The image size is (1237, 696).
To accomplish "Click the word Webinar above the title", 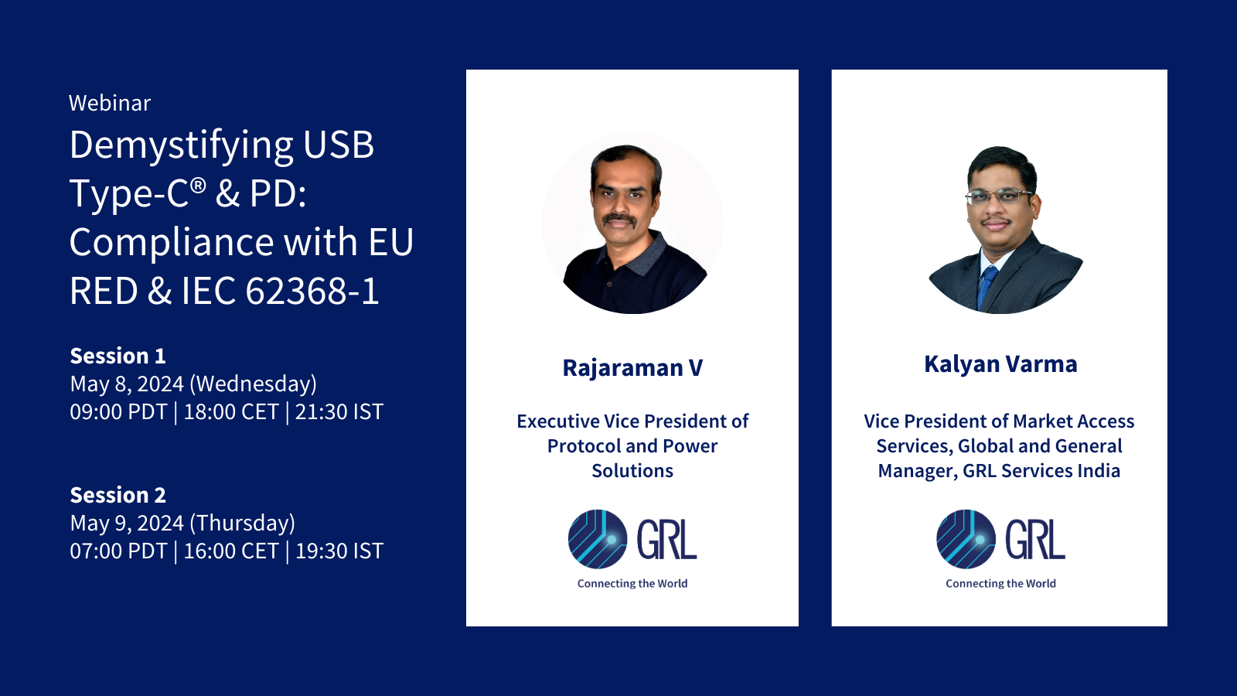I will (x=110, y=103).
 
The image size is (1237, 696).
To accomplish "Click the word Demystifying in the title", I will (x=182, y=145).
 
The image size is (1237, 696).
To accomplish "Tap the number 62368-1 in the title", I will (x=312, y=292).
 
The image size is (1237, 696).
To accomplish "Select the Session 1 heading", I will (x=118, y=356).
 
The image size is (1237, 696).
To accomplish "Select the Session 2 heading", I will (x=118, y=495).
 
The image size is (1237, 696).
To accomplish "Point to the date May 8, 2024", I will (x=127, y=384).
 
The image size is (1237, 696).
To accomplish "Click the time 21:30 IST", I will (x=339, y=412).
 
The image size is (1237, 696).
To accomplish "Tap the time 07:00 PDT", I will (x=118, y=551).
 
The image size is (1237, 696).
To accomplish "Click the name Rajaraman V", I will (x=632, y=368).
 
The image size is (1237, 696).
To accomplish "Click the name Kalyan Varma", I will (x=1000, y=364).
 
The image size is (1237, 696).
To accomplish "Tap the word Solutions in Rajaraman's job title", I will (x=632, y=471).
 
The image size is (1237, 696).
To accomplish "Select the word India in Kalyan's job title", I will (x=1099, y=471).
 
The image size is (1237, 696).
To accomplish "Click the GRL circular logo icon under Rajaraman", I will (x=597, y=539).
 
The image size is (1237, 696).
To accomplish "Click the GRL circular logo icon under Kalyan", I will (x=966, y=539).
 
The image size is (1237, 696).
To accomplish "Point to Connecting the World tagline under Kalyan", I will (x=1000, y=584).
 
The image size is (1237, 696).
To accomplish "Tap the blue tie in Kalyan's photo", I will (x=987, y=286).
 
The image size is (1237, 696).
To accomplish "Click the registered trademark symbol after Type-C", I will (x=199, y=185).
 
